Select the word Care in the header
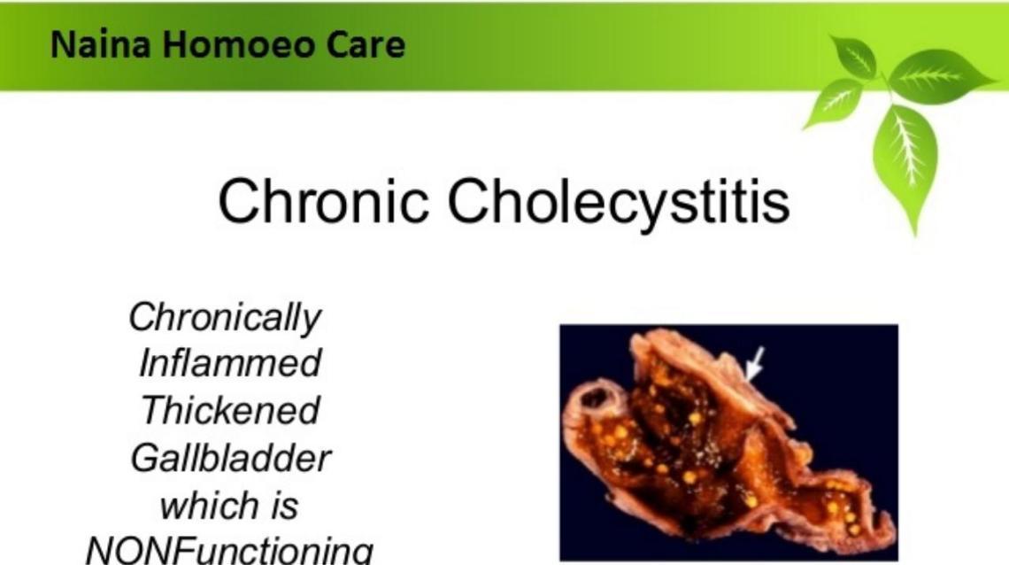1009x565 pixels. pyautogui.click(x=366, y=44)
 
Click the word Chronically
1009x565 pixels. pyautogui.click(x=225, y=317)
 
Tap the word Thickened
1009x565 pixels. pyautogui.click(x=230, y=410)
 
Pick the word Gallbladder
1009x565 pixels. pyautogui.click(x=230, y=458)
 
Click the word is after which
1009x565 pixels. pyautogui.click(x=284, y=506)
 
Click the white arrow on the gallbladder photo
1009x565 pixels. pyautogui.click(x=753, y=364)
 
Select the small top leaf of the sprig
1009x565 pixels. pyautogui.click(x=854, y=56)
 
